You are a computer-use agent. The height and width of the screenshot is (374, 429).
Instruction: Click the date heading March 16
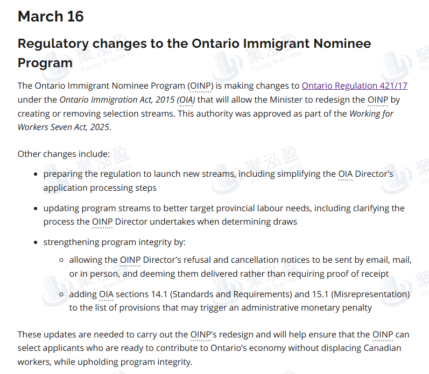51,16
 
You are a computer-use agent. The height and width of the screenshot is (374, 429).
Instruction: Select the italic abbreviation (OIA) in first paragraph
186,99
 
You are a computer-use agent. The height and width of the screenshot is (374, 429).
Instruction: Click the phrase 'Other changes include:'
64,154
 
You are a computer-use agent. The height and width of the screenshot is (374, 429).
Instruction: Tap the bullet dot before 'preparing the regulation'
36,175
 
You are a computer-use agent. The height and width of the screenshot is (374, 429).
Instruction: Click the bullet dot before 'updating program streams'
36,208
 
